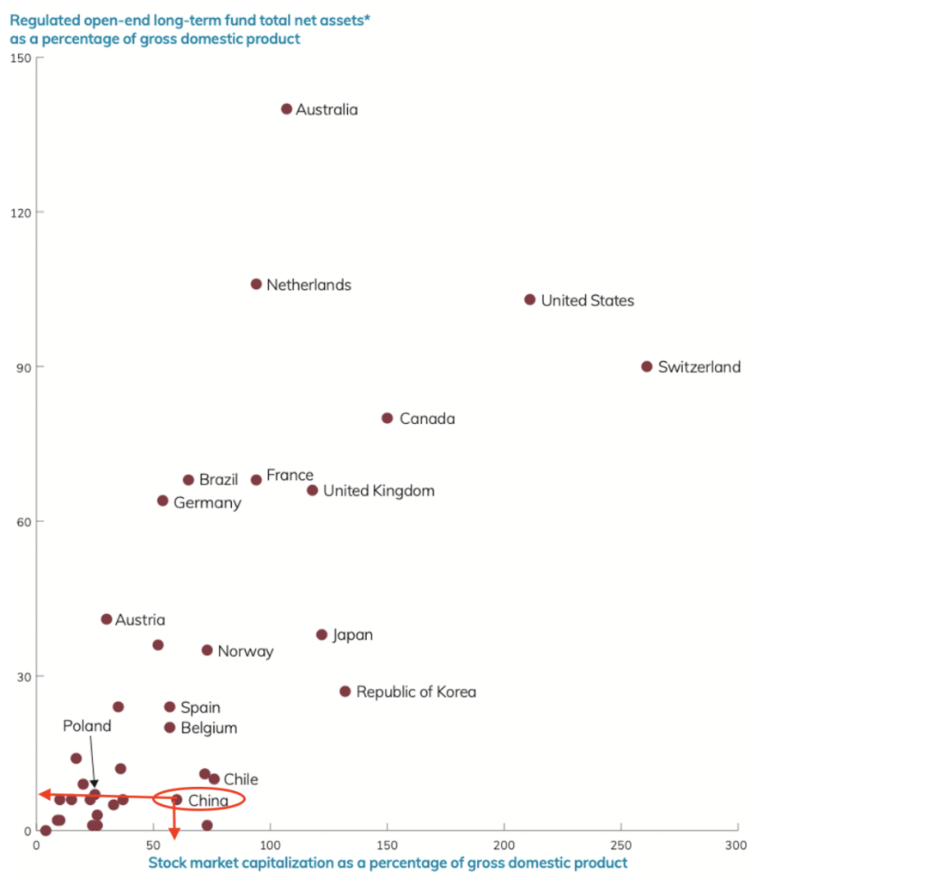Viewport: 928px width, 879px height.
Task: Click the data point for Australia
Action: pyautogui.click(x=287, y=109)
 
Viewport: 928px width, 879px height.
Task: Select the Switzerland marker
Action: pyautogui.click(x=647, y=366)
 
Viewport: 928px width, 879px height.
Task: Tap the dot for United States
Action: pyautogui.click(x=530, y=300)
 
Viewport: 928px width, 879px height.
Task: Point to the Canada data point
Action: pyautogui.click(x=388, y=418)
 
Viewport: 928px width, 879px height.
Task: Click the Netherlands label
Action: pyautogui.click(x=308, y=285)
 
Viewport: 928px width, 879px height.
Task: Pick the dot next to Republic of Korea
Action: pyautogui.click(x=345, y=692)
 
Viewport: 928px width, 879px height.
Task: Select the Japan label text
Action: pyautogui.click(x=352, y=635)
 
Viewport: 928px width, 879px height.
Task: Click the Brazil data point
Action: pyautogui.click(x=188, y=480)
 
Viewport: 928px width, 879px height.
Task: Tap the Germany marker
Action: pyautogui.click(x=162, y=501)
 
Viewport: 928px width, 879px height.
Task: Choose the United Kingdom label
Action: pyautogui.click(x=378, y=491)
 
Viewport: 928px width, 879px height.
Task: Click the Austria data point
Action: pyautogui.click(x=107, y=619)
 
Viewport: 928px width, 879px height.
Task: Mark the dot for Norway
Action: pyautogui.click(x=207, y=650)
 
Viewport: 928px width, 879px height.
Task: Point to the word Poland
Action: pyautogui.click(x=87, y=726)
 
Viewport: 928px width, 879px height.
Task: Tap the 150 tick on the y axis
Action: pyautogui.click(x=20, y=58)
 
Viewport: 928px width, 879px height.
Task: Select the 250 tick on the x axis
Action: pyautogui.click(x=620, y=846)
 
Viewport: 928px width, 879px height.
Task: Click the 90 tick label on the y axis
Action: pyautogui.click(x=22, y=367)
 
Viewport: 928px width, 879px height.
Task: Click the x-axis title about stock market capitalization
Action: pyautogui.click(x=388, y=863)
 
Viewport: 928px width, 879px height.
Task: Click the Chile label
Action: pyautogui.click(x=241, y=779)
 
